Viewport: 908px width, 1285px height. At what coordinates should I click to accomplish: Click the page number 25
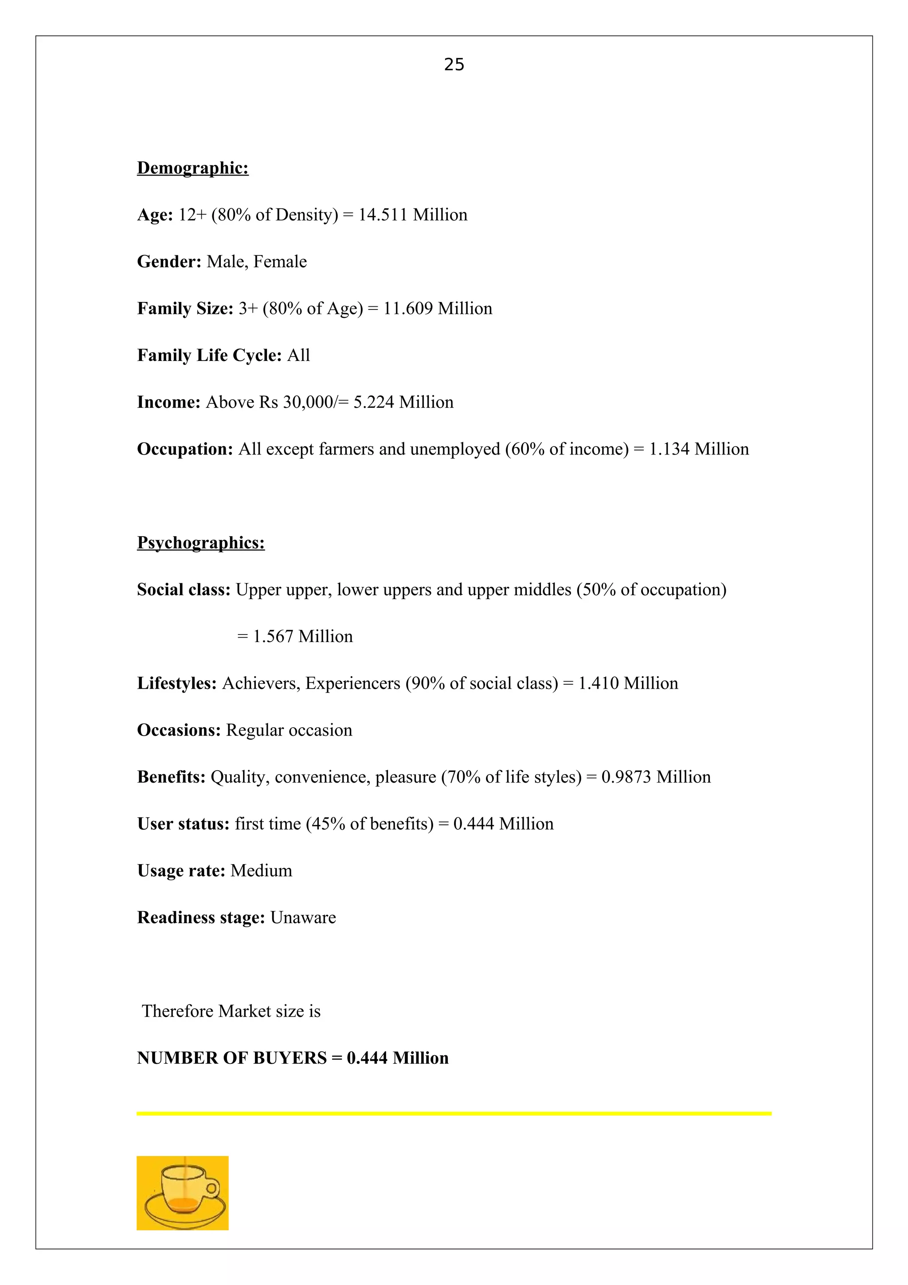454,65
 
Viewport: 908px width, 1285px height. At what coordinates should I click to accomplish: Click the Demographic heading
192,168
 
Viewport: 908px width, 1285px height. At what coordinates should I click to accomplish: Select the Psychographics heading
200,543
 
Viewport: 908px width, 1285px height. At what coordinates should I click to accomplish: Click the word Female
280,262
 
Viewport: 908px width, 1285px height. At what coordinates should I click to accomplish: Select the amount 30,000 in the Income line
307,403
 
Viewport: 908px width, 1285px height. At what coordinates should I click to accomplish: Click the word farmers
346,450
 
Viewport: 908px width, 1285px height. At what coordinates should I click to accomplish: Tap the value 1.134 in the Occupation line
669,450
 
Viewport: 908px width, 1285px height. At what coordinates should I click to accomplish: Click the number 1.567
273,637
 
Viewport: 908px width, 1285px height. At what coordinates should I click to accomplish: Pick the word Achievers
261,683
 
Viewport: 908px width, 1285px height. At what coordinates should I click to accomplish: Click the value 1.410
598,683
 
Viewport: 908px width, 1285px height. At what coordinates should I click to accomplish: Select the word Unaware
303,918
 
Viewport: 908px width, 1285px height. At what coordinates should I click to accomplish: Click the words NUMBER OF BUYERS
231,1058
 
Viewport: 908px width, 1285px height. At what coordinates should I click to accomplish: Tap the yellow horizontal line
454,1114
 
